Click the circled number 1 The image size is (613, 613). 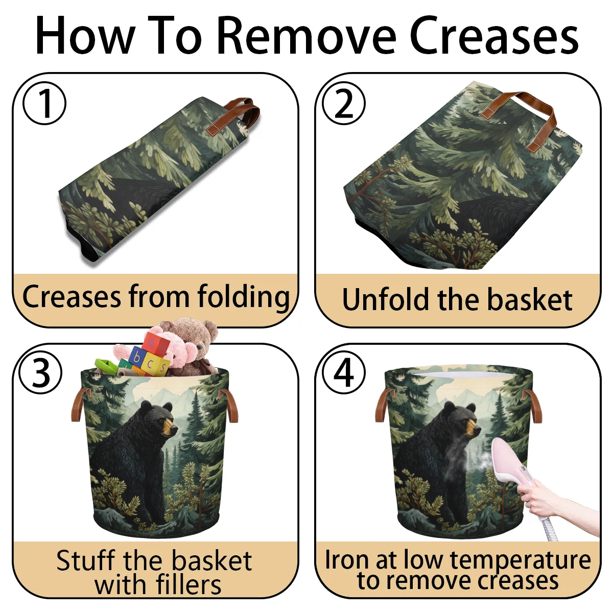point(44,103)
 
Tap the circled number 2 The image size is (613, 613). point(344,103)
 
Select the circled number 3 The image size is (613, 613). point(40,372)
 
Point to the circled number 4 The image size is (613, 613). point(344,372)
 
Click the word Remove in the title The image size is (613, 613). point(308,36)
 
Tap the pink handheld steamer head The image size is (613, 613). point(509,467)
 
